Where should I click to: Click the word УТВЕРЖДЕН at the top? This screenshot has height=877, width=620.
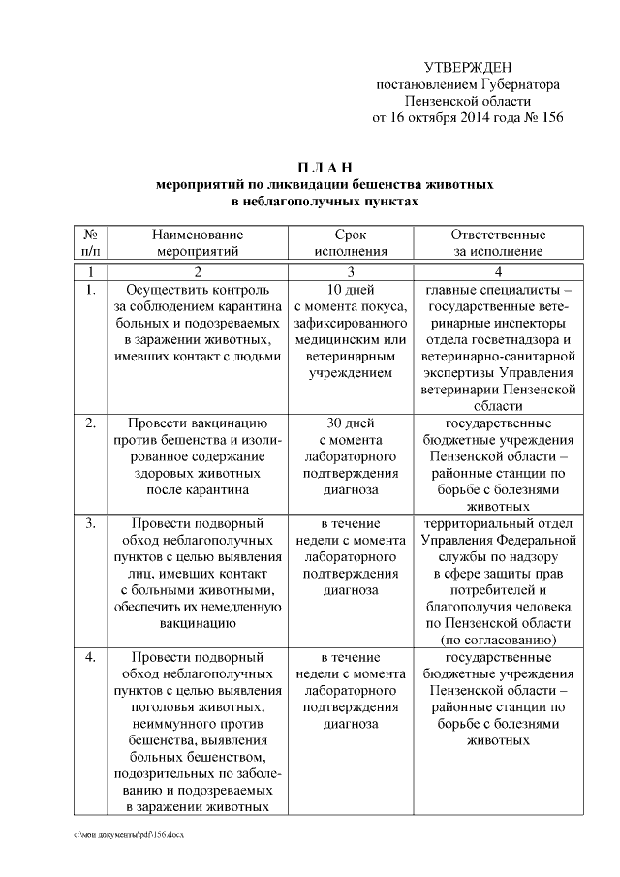(x=468, y=66)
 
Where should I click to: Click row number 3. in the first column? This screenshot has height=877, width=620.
(x=89, y=524)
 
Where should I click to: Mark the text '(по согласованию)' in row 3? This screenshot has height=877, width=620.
(x=498, y=641)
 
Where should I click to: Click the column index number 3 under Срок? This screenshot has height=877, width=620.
(x=350, y=272)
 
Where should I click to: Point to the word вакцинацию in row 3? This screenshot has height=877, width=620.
(x=197, y=624)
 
